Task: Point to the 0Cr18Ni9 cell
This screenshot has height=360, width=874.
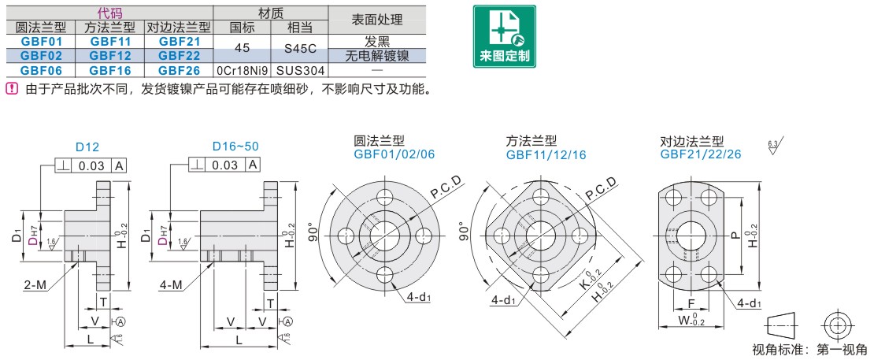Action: click(x=243, y=69)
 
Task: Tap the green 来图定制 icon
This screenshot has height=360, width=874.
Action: click(x=504, y=37)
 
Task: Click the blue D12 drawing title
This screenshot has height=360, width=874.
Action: click(x=87, y=147)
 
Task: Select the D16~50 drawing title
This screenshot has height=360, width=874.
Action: click(x=235, y=147)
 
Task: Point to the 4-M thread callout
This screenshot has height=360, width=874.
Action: click(x=172, y=285)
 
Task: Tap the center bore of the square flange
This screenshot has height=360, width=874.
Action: click(x=540, y=235)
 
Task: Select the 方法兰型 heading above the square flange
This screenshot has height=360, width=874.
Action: click(x=531, y=140)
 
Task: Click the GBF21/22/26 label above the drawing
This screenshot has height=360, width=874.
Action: click(x=700, y=154)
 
